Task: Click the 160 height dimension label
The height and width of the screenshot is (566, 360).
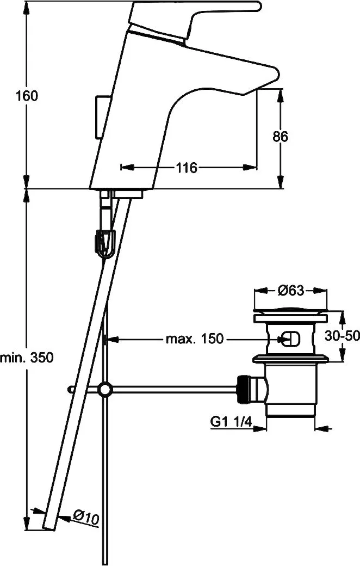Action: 26,96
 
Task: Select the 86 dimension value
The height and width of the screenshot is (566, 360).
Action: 280,137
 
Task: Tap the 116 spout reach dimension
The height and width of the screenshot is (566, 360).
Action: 187,168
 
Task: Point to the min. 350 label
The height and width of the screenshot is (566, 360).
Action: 27,358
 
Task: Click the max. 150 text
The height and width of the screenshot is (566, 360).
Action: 195,339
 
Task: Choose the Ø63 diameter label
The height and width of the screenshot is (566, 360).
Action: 291,291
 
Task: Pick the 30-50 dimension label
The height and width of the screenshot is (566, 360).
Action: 342,336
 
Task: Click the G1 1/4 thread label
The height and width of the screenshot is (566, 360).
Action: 231,422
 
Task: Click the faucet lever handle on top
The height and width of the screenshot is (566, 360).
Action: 195,18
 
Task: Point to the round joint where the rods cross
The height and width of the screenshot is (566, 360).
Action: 105,389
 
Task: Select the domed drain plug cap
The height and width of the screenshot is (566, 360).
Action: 291,309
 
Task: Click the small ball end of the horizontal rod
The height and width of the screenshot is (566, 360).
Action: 70,390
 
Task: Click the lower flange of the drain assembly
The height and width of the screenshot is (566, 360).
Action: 291,359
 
